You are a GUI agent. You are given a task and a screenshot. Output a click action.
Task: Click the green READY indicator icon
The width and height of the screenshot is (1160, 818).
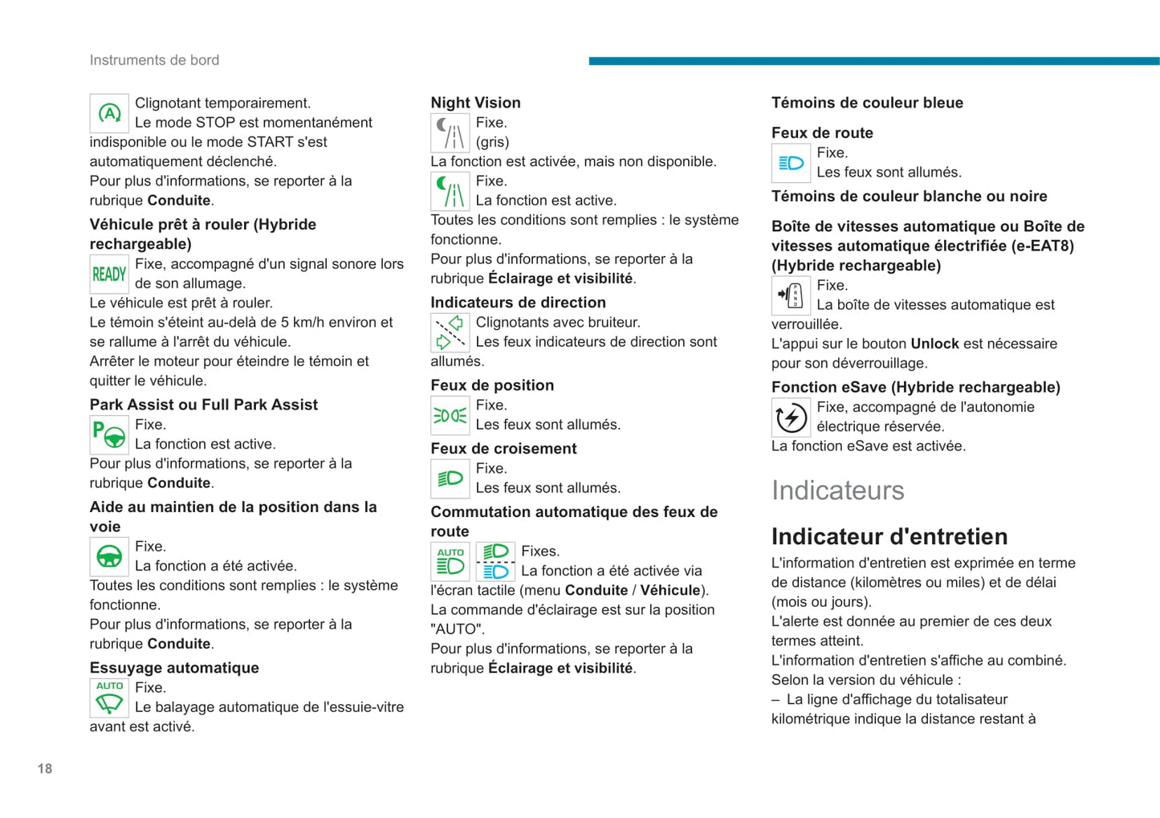[109, 275]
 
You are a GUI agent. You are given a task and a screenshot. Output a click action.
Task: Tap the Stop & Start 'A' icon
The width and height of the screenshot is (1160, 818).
[109, 113]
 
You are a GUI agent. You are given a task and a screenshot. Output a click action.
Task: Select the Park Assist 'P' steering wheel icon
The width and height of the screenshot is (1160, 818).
[109, 434]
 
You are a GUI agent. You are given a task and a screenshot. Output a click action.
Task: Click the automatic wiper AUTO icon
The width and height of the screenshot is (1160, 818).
[109, 698]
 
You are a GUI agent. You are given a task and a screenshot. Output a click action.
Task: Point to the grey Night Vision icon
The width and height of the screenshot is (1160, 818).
[450, 133]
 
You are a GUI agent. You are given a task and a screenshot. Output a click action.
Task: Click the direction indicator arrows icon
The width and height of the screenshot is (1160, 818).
[450, 332]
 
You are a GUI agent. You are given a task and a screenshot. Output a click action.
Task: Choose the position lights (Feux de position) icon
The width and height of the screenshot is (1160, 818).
[450, 415]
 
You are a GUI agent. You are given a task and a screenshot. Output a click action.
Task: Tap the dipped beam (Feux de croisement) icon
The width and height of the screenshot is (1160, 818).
[450, 478]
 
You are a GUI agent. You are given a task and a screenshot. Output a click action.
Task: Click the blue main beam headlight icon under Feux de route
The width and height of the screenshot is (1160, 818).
[791, 163]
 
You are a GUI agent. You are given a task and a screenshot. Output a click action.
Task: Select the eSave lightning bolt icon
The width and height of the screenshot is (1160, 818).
[791, 417]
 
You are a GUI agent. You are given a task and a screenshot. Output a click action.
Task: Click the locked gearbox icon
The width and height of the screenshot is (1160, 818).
[791, 295]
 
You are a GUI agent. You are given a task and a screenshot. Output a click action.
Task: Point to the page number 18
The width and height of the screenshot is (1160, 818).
[45, 768]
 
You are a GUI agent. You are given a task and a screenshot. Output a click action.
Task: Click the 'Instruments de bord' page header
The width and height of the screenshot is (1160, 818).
[154, 60]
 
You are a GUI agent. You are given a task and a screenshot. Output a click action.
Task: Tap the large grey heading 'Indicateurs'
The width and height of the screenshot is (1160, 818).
[837, 490]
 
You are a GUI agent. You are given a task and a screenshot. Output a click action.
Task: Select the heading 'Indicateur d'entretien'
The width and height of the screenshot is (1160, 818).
[889, 536]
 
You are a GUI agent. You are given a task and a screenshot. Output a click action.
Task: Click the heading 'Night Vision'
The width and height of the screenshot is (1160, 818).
[475, 103]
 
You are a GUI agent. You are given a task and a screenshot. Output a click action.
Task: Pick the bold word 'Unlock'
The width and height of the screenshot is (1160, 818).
[934, 344]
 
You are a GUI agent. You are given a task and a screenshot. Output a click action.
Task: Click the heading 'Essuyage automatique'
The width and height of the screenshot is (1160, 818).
[174, 668]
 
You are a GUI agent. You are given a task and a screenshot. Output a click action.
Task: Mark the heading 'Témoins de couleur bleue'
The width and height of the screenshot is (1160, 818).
[867, 103]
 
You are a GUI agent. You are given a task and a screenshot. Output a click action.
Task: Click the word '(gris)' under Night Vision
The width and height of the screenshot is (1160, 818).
[492, 142]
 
